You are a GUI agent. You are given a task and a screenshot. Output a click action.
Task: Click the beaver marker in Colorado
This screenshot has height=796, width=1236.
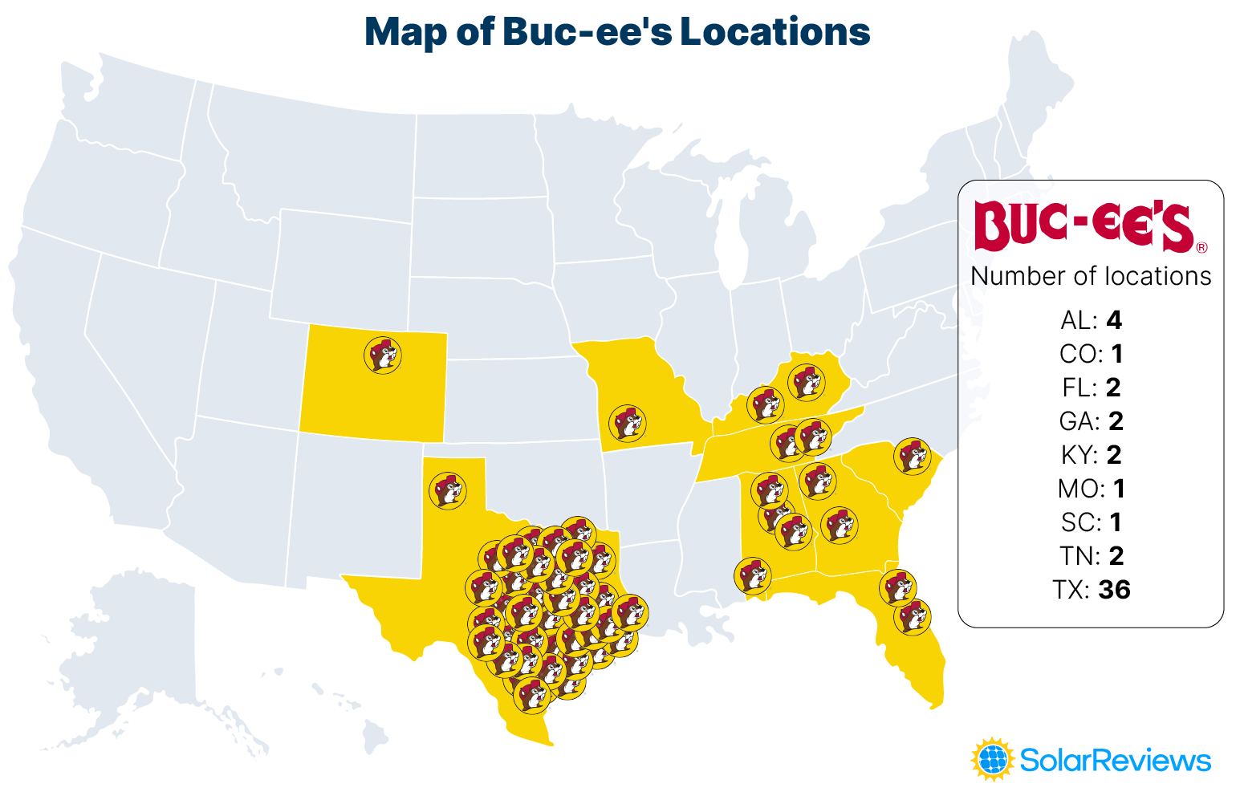(383, 355)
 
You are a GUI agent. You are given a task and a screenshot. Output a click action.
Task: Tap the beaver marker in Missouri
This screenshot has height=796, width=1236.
(627, 423)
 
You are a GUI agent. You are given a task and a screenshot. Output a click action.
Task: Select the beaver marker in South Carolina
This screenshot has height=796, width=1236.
(912, 457)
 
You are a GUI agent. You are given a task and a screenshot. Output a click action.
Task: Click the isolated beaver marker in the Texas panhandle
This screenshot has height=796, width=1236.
(448, 490)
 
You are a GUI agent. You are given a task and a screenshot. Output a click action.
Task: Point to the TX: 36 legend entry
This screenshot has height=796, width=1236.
(1091, 590)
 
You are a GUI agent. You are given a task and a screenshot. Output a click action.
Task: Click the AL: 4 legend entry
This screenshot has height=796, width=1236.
(1091, 320)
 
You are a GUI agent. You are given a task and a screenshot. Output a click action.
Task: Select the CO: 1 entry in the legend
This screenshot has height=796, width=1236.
(1091, 354)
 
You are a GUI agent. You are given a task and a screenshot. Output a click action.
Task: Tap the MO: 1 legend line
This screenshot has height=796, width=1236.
(1091, 489)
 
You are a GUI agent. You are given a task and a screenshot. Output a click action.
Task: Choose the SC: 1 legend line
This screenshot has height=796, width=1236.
(1091, 522)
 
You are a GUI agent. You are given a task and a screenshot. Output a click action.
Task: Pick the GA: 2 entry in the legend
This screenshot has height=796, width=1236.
(1091, 421)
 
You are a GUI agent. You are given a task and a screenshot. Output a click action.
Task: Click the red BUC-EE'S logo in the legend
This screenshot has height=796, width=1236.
(1084, 226)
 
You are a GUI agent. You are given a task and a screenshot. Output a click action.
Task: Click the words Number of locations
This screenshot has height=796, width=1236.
(1091, 276)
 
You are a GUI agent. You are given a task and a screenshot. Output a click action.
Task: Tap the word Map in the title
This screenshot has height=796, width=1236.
(405, 32)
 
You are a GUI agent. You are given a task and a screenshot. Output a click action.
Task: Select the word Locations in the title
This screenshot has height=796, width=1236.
(775, 32)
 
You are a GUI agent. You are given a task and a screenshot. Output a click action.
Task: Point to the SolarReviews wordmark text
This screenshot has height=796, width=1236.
(1115, 760)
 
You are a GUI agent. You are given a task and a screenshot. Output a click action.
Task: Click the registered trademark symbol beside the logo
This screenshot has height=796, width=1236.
(1201, 248)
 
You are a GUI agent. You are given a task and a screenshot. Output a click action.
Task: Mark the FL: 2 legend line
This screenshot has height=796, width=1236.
(1091, 388)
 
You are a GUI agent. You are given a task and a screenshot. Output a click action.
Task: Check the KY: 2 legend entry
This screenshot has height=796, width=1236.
(1091, 455)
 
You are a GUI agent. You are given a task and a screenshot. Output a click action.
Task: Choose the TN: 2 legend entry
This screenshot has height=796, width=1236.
(1091, 556)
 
